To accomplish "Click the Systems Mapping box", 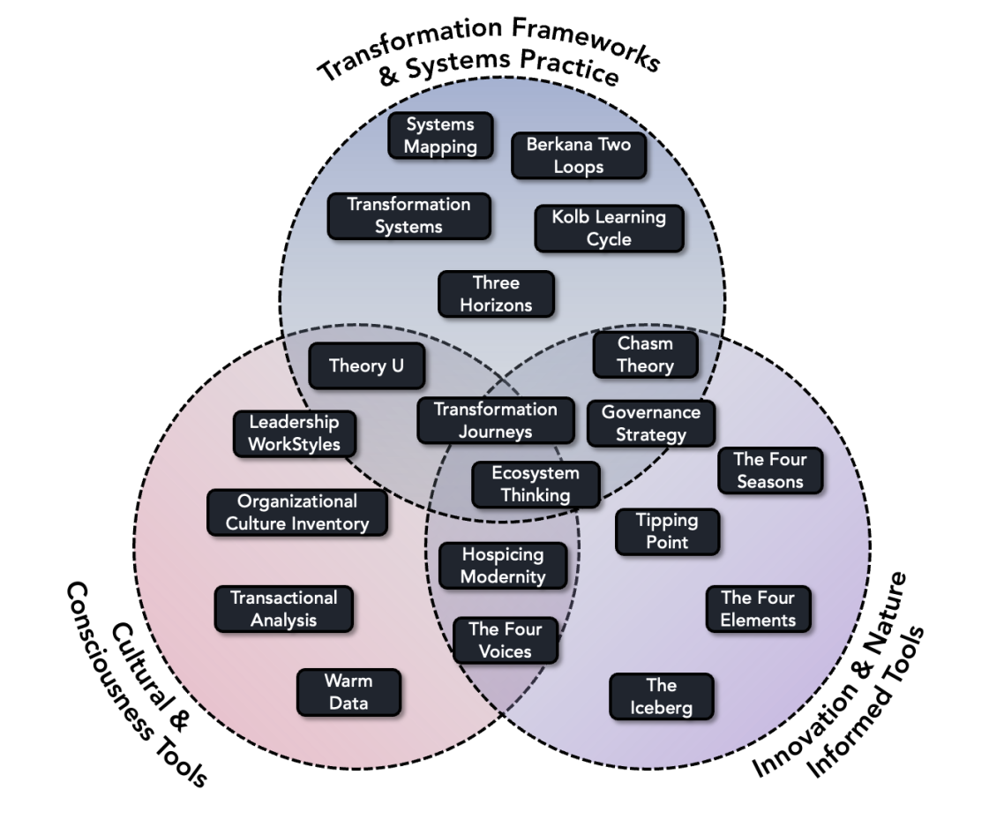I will point(440,136).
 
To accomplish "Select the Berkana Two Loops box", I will point(579,155).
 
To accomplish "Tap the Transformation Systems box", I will point(408,215).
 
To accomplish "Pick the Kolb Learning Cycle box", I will point(609,228).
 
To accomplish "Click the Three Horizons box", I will point(496,294).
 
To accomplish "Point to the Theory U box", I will point(366,365).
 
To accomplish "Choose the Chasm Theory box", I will point(645,355).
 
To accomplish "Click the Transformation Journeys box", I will point(495,421).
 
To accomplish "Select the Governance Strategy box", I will point(651,423).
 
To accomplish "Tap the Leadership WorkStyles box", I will point(294,433).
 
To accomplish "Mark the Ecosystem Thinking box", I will point(536,484).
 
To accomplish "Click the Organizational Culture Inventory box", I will point(296,513).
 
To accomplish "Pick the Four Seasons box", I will point(770,470).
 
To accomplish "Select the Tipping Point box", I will point(667,531).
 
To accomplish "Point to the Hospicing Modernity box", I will point(503,566).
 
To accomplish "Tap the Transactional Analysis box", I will point(283,609).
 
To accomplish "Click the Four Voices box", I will point(506,640).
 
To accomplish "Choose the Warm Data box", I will point(348,692).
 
